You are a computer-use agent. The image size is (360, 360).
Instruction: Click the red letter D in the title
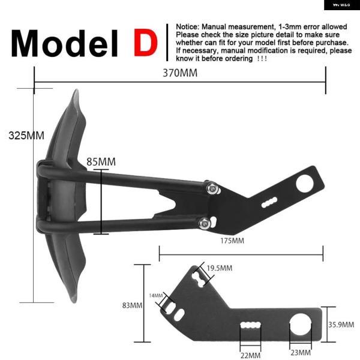click(x=146, y=43)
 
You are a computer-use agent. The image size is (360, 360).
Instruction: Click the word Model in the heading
click(x=65, y=43)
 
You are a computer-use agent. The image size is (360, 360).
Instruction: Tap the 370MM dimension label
click(x=180, y=73)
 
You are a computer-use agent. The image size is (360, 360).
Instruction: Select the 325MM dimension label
click(x=26, y=135)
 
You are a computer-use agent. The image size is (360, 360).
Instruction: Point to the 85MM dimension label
click(x=101, y=161)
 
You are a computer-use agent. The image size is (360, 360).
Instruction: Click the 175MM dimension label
click(x=232, y=241)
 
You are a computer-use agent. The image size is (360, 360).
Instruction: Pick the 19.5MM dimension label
click(x=220, y=268)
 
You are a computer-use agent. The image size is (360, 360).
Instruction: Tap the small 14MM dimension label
click(x=156, y=295)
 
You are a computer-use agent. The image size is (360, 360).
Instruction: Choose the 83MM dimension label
click(x=132, y=305)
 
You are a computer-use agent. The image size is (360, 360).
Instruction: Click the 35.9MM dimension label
click(x=341, y=325)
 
